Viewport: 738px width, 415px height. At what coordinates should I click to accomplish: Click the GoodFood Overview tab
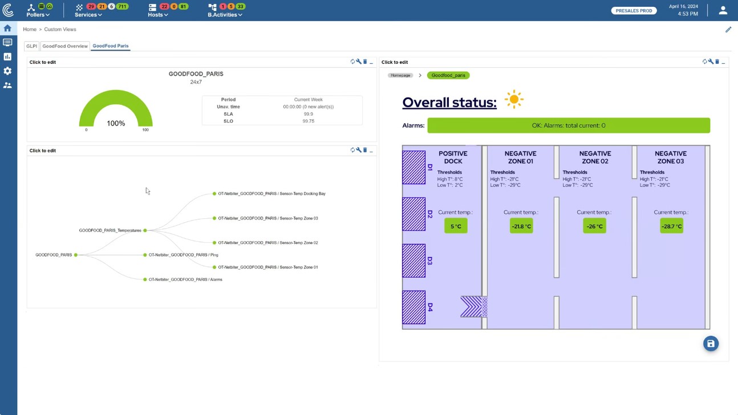pos(65,46)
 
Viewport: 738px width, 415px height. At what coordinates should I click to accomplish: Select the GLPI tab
pos(31,46)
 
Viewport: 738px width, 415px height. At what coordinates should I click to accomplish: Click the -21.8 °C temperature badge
pos(521,226)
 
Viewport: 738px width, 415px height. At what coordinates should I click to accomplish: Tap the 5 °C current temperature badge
pos(456,226)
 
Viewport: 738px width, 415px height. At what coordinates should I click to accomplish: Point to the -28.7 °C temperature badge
pos(671,226)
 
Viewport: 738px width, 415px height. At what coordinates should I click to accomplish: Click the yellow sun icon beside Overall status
pos(514,99)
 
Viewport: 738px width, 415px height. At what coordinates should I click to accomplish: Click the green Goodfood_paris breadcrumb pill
pos(448,75)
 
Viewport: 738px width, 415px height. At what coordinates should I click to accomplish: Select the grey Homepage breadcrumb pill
pos(400,75)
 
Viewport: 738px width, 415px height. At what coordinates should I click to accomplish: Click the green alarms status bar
pos(568,125)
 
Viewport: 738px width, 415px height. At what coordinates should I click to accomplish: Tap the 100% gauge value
pos(116,123)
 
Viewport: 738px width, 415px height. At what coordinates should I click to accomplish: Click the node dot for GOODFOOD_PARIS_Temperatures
pos(145,230)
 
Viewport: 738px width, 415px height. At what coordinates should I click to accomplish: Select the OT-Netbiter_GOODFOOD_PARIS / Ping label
pos(183,255)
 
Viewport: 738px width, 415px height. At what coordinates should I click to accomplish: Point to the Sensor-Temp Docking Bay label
pos(271,194)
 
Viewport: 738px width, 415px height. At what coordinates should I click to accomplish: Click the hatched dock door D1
pos(414,168)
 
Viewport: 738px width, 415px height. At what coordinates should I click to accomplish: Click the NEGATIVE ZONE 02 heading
pos(595,157)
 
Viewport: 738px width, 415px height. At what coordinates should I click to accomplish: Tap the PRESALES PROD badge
pos(634,10)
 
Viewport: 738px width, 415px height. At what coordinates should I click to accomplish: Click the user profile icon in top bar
pos(723,10)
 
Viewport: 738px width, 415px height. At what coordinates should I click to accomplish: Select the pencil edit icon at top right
pos(728,30)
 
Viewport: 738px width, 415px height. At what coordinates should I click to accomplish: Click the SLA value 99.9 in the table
pos(308,114)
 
